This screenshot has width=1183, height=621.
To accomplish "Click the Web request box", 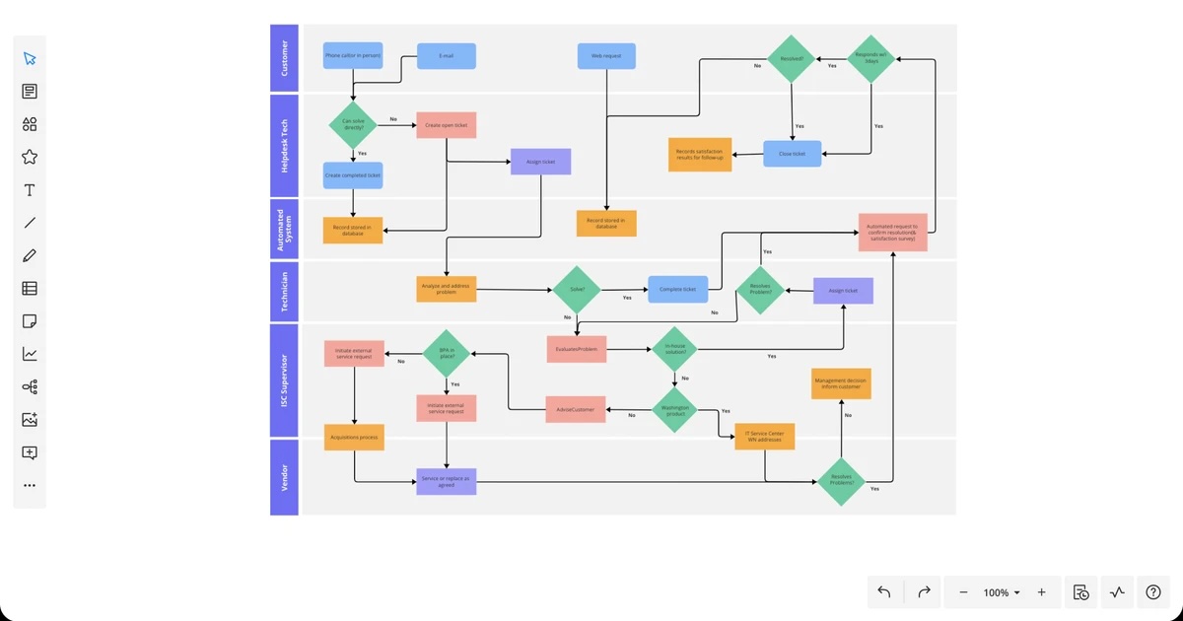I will (606, 56).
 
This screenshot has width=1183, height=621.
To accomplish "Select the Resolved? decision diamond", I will (793, 59).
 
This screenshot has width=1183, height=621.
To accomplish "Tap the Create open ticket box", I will (447, 125).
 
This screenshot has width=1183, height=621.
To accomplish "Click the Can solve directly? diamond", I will (352, 125).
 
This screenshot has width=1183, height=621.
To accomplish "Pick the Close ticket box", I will (793, 154).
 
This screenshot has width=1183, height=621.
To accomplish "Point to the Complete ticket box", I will (677, 289).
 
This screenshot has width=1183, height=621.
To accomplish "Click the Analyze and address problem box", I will (447, 289).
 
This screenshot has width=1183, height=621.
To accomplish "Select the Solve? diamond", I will (577, 289).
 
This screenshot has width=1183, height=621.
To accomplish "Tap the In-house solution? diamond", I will (675, 348).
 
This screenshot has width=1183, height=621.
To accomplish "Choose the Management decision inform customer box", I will (841, 383).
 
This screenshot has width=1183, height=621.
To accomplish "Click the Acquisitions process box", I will (354, 437).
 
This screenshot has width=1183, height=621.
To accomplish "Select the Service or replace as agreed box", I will (447, 481).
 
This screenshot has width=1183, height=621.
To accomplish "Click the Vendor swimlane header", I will (284, 477).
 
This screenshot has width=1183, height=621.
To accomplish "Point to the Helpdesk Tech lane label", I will (284, 146).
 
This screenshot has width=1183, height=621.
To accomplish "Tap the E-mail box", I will (447, 56).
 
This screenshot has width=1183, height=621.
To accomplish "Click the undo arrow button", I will (884, 592).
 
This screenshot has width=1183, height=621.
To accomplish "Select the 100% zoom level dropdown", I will (1002, 592).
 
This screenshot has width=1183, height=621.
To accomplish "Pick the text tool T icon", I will (30, 190).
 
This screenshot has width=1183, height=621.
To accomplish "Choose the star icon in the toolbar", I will (30, 157).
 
